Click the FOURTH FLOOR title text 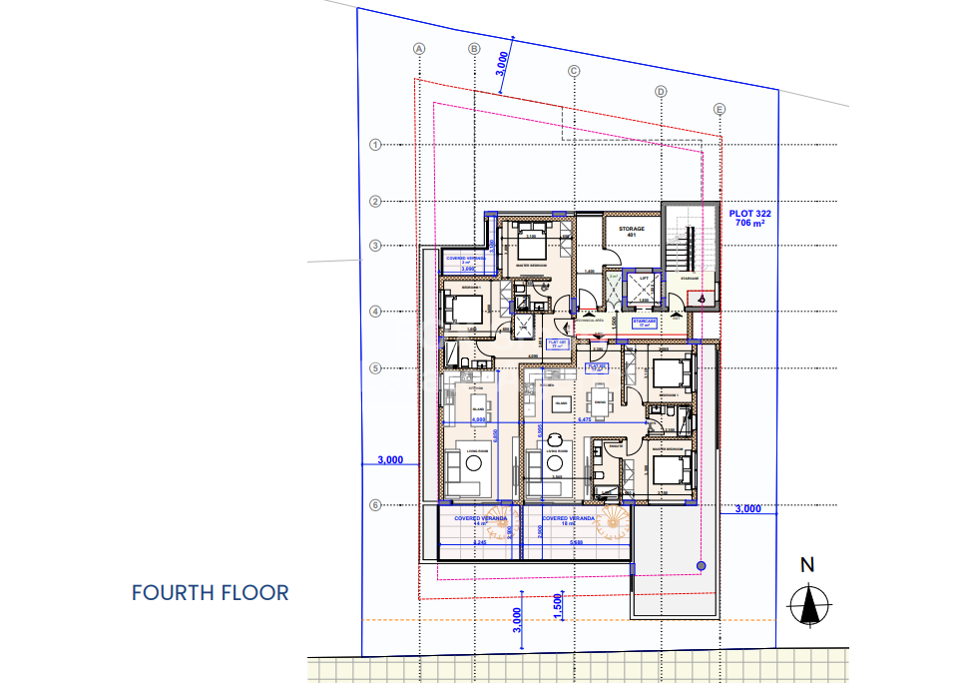click(x=210, y=592)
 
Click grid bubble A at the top click(x=419, y=48)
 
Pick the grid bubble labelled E click(x=720, y=109)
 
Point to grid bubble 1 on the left click(x=376, y=145)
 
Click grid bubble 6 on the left click(x=376, y=505)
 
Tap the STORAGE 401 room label click(x=632, y=232)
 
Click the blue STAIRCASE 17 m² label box click(x=645, y=324)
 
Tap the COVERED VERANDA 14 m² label click(x=481, y=520)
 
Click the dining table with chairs click(x=599, y=402)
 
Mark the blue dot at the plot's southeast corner click(x=701, y=566)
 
